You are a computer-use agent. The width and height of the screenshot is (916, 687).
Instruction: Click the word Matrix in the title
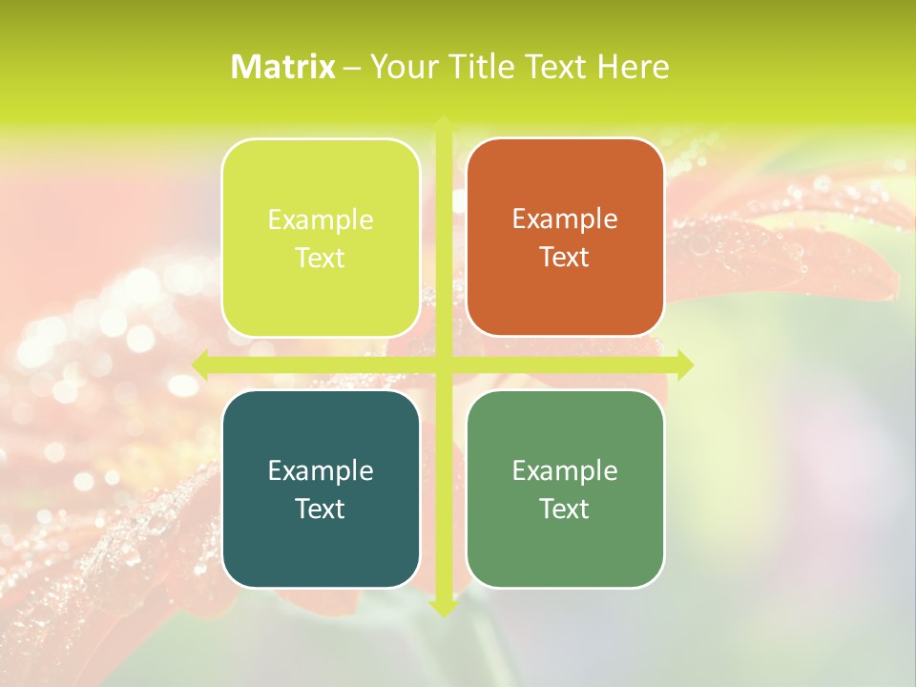(x=283, y=67)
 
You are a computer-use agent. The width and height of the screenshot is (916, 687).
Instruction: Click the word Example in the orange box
(x=565, y=219)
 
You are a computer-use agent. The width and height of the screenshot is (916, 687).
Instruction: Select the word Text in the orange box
(x=565, y=258)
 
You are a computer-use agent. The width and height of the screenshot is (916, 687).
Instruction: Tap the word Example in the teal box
(x=321, y=470)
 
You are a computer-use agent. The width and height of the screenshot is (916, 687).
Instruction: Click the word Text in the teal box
(x=321, y=509)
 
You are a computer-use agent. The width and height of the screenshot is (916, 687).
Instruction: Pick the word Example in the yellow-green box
(x=321, y=219)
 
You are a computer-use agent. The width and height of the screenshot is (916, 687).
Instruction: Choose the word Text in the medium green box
(x=565, y=509)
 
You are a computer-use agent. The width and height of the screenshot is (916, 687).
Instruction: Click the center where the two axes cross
(x=443, y=364)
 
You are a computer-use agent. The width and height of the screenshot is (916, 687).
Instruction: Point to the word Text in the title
(x=557, y=67)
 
